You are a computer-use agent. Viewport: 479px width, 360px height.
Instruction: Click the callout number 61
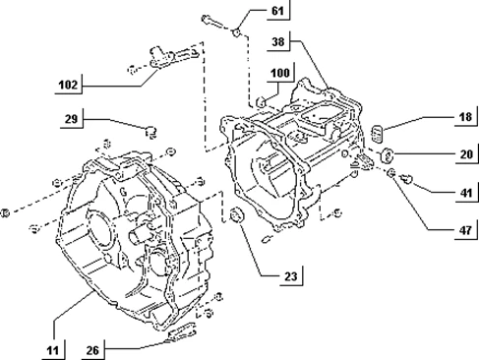(277, 11)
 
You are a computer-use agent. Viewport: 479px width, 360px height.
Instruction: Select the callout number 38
(278, 41)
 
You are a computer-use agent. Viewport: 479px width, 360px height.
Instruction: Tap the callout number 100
(279, 73)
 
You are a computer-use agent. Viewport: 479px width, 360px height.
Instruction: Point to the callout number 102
(68, 85)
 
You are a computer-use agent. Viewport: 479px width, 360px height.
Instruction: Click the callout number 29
(71, 119)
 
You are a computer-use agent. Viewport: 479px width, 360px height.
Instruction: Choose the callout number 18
(465, 117)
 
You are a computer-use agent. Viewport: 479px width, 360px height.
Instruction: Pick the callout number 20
(466, 154)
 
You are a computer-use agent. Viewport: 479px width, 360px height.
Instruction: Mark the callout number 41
(466, 193)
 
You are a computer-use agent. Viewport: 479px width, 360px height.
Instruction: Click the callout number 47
(465, 230)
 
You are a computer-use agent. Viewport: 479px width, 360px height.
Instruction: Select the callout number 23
(290, 276)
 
